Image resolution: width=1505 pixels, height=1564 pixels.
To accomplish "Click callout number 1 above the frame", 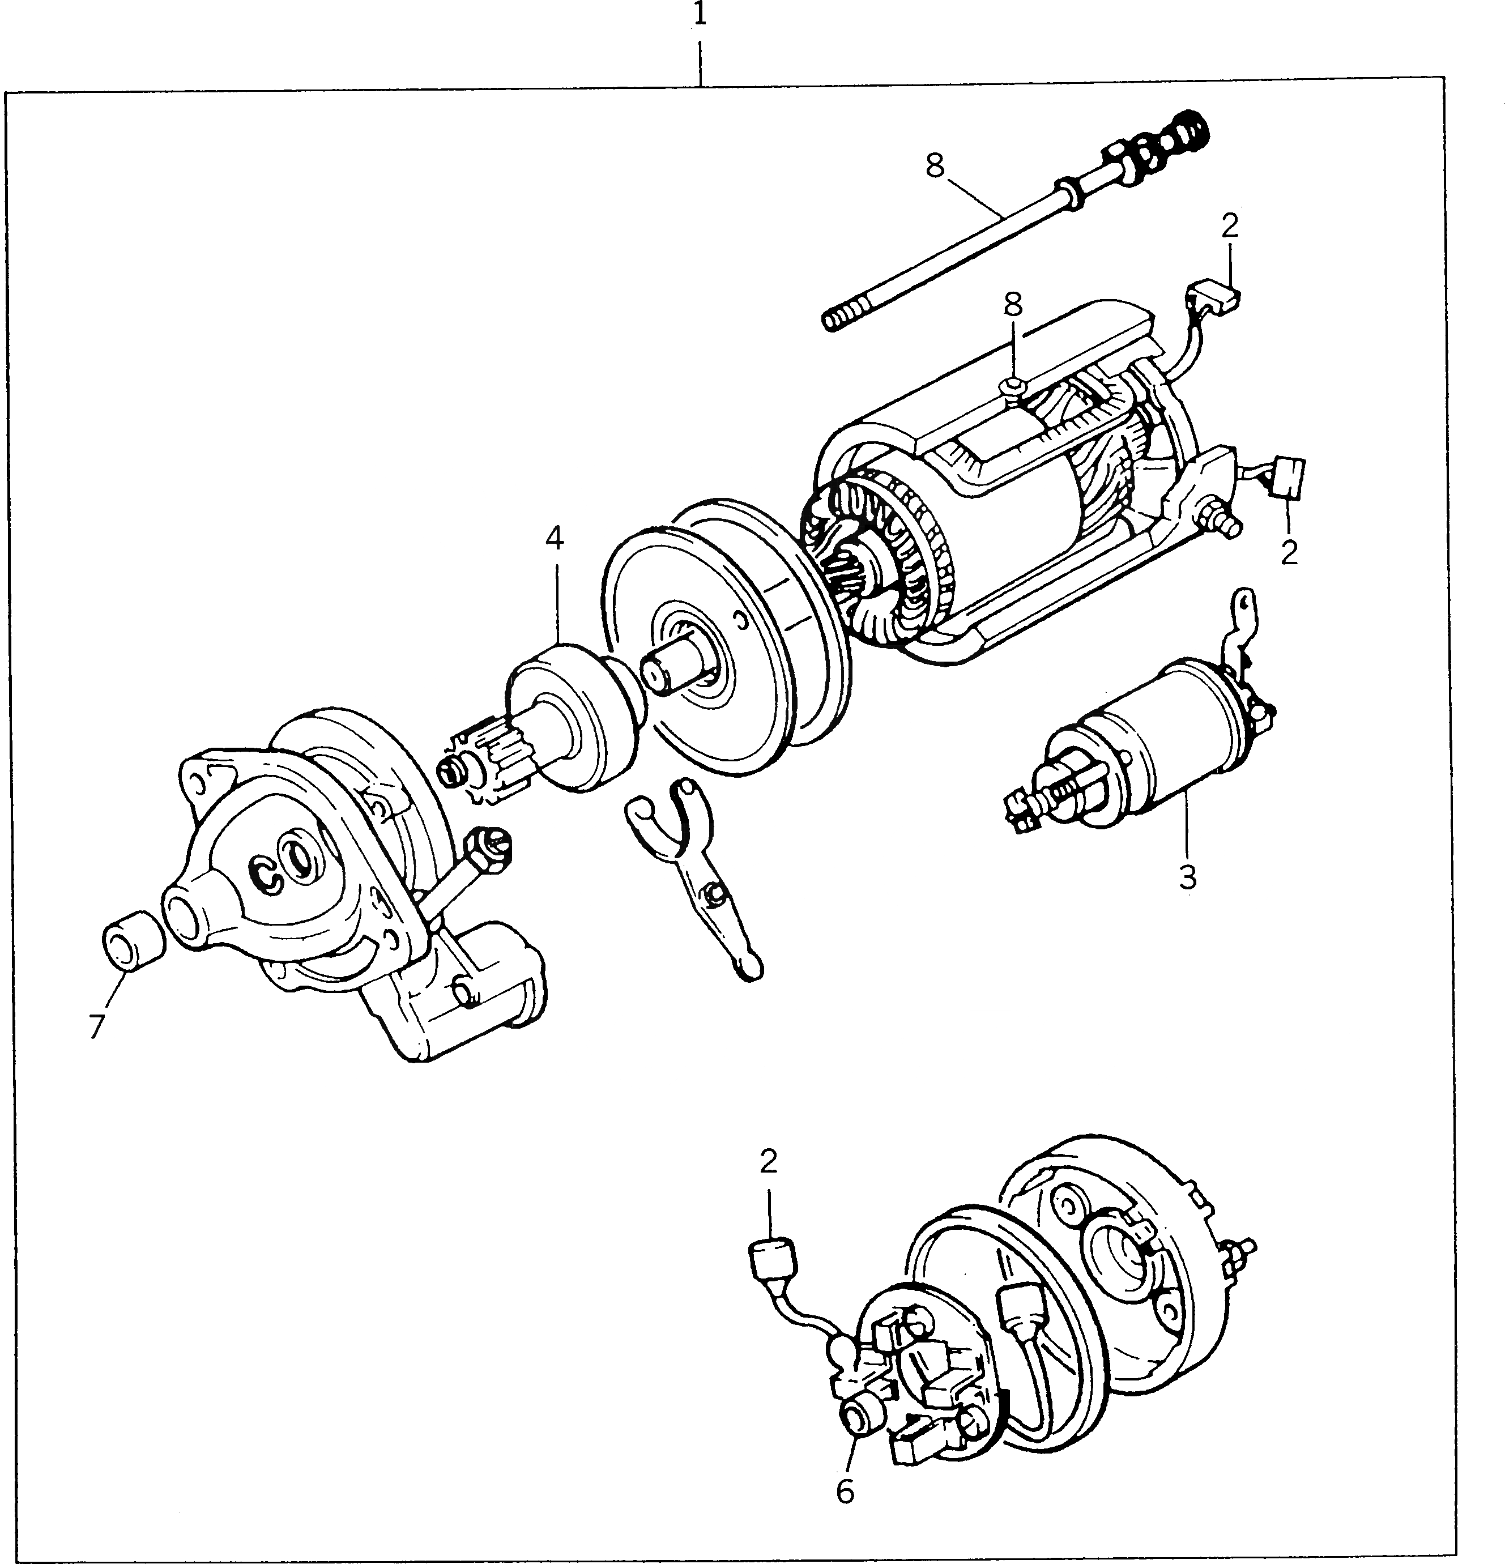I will coord(700,15).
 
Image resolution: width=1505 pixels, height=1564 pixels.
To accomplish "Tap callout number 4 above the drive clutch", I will coord(555,539).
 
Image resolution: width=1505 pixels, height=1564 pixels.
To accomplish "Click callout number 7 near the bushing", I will coord(96,1027).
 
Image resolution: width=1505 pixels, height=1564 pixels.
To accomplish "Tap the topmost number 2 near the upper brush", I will coord(1230,227).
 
